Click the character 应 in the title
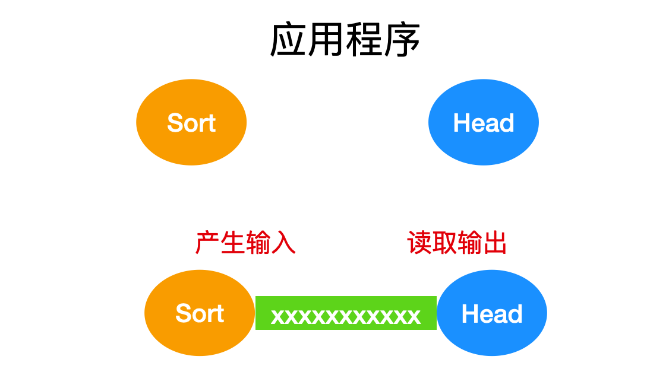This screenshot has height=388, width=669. point(288,40)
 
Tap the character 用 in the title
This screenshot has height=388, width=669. point(326,40)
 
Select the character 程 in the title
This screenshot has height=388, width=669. point(364,40)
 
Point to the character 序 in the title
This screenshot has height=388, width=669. point(402,40)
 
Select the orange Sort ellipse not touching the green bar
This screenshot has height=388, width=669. point(191,122)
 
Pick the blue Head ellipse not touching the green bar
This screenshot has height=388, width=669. point(484,122)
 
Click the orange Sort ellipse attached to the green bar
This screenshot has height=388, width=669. point(200,313)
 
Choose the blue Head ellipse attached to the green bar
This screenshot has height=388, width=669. point(492,313)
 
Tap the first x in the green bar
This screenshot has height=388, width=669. point(277,316)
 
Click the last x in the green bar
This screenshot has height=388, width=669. point(414,316)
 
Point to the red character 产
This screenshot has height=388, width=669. point(208,243)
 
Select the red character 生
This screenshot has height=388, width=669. point(233,243)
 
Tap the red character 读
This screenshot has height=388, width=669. point(419,243)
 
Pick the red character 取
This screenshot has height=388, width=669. point(444,243)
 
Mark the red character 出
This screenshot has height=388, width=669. point(495,243)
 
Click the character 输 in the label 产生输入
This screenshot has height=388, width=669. point(258,243)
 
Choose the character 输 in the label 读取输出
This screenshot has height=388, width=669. point(470,243)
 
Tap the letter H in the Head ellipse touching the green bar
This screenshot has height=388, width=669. point(469,314)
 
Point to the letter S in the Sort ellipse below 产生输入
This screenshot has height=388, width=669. point(183,313)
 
